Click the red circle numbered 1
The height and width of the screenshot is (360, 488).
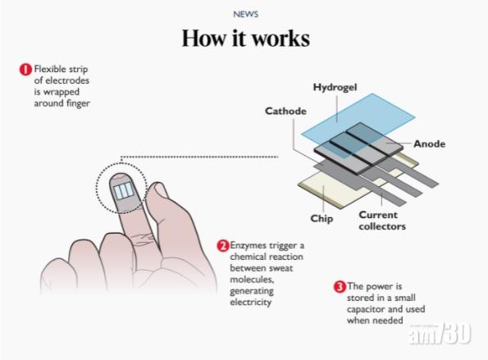pos(25,70)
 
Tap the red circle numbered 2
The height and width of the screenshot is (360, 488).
pos(223,246)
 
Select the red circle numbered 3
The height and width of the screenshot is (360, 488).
pos(340,286)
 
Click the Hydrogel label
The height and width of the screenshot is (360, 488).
pos(335,87)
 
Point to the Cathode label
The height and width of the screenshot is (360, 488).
pos(285,111)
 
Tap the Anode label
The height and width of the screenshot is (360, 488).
pos(429,144)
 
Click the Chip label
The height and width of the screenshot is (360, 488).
pos(322,218)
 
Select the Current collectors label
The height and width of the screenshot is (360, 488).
pos(382,221)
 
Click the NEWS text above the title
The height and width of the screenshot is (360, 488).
pos(246,14)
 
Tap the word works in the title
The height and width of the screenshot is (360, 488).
pos(280,39)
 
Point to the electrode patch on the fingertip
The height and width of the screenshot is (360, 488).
pos(124,190)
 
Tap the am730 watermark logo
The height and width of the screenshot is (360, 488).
pos(440,334)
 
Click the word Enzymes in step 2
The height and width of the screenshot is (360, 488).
pos(248,245)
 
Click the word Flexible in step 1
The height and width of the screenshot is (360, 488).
pos(50,69)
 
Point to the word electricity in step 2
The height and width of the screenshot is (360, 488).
pos(250,303)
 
